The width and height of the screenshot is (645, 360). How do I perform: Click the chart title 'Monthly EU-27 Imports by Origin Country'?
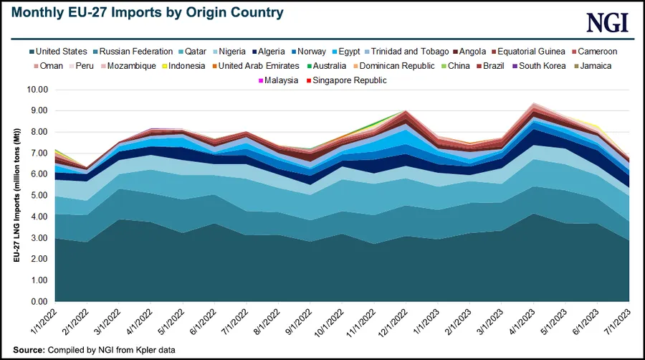(x=146, y=13)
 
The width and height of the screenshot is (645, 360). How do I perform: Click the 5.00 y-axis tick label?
(x=37, y=196)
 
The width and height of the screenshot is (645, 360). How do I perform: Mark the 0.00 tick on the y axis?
(x=37, y=301)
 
